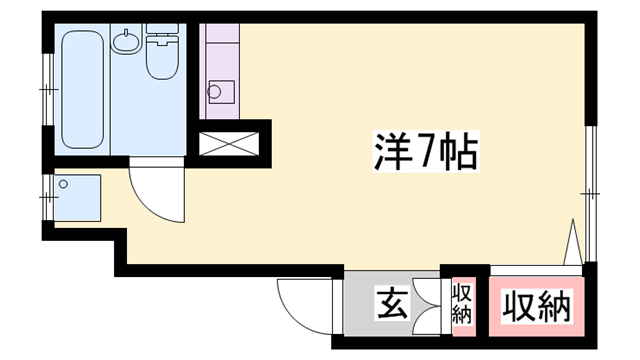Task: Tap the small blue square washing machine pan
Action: [79, 197]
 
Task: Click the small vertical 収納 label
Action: [462, 303]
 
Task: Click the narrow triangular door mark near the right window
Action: [573, 243]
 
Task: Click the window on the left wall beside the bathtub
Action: [46, 91]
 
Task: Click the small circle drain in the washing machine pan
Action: [63, 184]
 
